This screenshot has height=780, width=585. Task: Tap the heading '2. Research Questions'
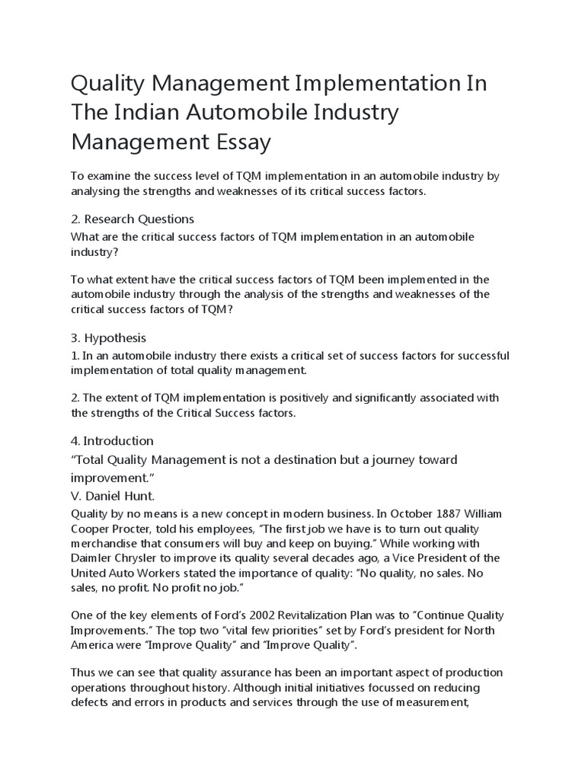pos(133,219)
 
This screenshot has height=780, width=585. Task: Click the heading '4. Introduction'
pos(112,440)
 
